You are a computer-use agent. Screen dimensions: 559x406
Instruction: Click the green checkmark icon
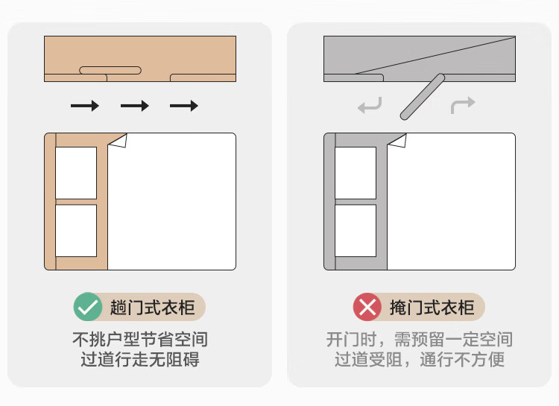88,307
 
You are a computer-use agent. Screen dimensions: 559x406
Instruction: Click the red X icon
367,307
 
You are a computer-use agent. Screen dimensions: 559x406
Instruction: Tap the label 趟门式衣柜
153,307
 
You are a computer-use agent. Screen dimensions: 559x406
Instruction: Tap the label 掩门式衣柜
432,307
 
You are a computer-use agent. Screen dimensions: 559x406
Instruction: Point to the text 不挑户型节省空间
140,339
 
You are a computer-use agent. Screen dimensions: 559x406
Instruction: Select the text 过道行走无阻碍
140,359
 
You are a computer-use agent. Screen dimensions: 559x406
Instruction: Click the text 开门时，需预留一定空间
420,339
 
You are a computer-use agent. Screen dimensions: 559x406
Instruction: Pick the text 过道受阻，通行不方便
420,359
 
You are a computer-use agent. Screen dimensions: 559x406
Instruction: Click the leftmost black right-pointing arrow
85,106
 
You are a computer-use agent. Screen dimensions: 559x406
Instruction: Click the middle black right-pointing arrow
135,106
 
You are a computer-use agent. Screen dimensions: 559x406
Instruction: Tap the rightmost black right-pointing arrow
184,106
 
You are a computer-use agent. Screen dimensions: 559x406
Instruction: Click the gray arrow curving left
370,106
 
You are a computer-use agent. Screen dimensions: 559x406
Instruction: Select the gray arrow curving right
463,105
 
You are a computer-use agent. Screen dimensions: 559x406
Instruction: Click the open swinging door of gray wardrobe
423,97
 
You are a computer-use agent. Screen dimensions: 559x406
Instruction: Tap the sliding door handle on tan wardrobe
110,70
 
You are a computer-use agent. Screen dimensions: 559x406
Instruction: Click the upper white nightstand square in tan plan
76,173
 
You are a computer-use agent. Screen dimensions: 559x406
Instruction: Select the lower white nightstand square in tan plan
76,231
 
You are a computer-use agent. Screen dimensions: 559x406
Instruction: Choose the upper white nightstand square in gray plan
356,173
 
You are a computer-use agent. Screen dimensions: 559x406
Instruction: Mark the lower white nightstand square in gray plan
356,231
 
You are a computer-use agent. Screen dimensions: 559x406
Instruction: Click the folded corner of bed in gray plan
399,141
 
